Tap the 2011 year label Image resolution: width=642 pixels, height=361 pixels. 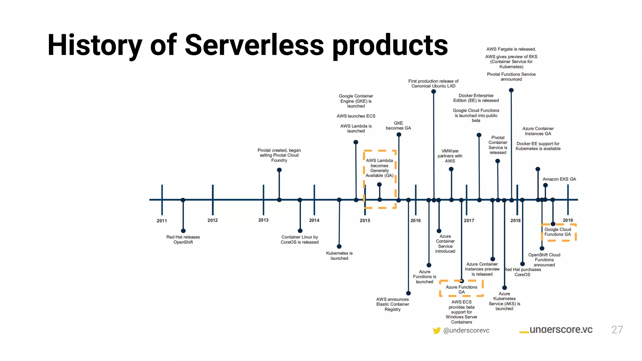(162, 221)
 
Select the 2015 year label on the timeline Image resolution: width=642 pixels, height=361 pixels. (365, 221)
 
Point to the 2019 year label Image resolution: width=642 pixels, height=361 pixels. (568, 220)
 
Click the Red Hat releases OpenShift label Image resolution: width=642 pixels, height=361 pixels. (183, 240)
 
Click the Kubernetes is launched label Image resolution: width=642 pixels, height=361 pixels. (339, 256)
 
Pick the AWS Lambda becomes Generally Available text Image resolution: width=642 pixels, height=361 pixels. (379, 168)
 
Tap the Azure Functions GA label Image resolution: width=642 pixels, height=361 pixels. (461, 290)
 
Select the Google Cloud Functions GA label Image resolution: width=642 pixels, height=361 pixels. (558, 232)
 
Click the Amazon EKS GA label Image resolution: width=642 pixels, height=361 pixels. (559, 179)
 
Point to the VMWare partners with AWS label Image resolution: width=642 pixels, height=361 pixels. (450, 156)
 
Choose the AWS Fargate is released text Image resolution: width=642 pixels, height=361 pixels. (511, 49)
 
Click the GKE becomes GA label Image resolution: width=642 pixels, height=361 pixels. (398, 126)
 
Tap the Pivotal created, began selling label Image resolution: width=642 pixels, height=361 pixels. (279, 155)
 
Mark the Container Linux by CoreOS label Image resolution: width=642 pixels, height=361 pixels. (300, 240)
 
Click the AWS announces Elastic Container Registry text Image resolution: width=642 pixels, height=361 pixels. (392, 304)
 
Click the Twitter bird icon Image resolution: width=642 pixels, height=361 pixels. (436, 330)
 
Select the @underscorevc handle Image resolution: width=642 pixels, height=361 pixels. (466, 330)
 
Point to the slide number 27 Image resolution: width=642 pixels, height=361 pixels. (617, 330)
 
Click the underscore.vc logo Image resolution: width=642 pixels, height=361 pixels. (556, 330)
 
